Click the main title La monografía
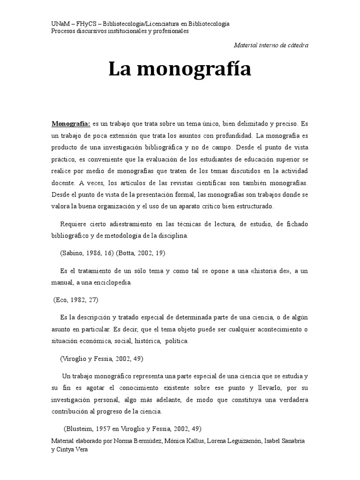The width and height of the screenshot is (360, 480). pos(180,69)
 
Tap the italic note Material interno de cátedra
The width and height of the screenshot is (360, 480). pos(271,45)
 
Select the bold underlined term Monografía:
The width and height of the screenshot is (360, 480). pos(71,124)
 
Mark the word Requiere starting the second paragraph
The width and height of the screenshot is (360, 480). pos(74,225)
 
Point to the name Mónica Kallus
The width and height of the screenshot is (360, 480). pos(181,442)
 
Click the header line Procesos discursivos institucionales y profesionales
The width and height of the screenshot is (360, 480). pos(120,31)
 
